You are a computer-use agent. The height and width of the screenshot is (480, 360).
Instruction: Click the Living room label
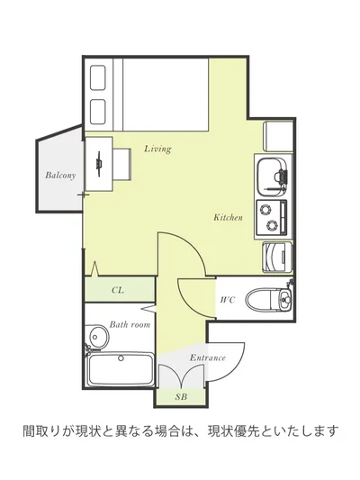[157, 149]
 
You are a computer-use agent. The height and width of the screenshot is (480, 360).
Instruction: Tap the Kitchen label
[229, 217]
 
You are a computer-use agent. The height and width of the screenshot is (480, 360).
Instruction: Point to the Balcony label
[60, 175]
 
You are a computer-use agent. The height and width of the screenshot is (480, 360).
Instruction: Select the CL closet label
[118, 290]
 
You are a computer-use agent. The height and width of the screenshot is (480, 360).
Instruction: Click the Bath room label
[130, 324]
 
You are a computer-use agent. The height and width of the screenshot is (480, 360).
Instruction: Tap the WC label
[228, 300]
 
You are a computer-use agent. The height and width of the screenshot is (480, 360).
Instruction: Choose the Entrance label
[207, 358]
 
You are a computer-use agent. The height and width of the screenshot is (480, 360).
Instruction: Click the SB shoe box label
[181, 397]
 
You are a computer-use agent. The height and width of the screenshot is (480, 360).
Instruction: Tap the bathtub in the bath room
[121, 369]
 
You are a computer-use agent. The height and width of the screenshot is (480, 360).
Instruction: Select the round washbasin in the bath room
[98, 338]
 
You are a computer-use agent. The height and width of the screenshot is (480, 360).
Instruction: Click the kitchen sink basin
[270, 177]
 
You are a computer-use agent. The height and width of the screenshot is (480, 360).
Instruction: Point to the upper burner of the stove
[265, 210]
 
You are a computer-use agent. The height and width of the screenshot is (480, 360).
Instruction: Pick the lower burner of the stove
[272, 225]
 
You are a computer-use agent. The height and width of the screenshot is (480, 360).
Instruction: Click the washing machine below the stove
[277, 257]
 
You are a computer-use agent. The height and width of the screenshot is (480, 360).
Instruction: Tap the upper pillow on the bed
[98, 77]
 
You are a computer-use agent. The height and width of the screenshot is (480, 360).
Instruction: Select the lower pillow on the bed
[98, 112]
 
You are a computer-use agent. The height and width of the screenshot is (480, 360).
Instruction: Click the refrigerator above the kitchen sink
[278, 136]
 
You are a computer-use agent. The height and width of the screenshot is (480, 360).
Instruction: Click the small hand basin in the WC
[285, 299]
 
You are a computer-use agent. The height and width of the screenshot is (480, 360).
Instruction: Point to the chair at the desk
[122, 164]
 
